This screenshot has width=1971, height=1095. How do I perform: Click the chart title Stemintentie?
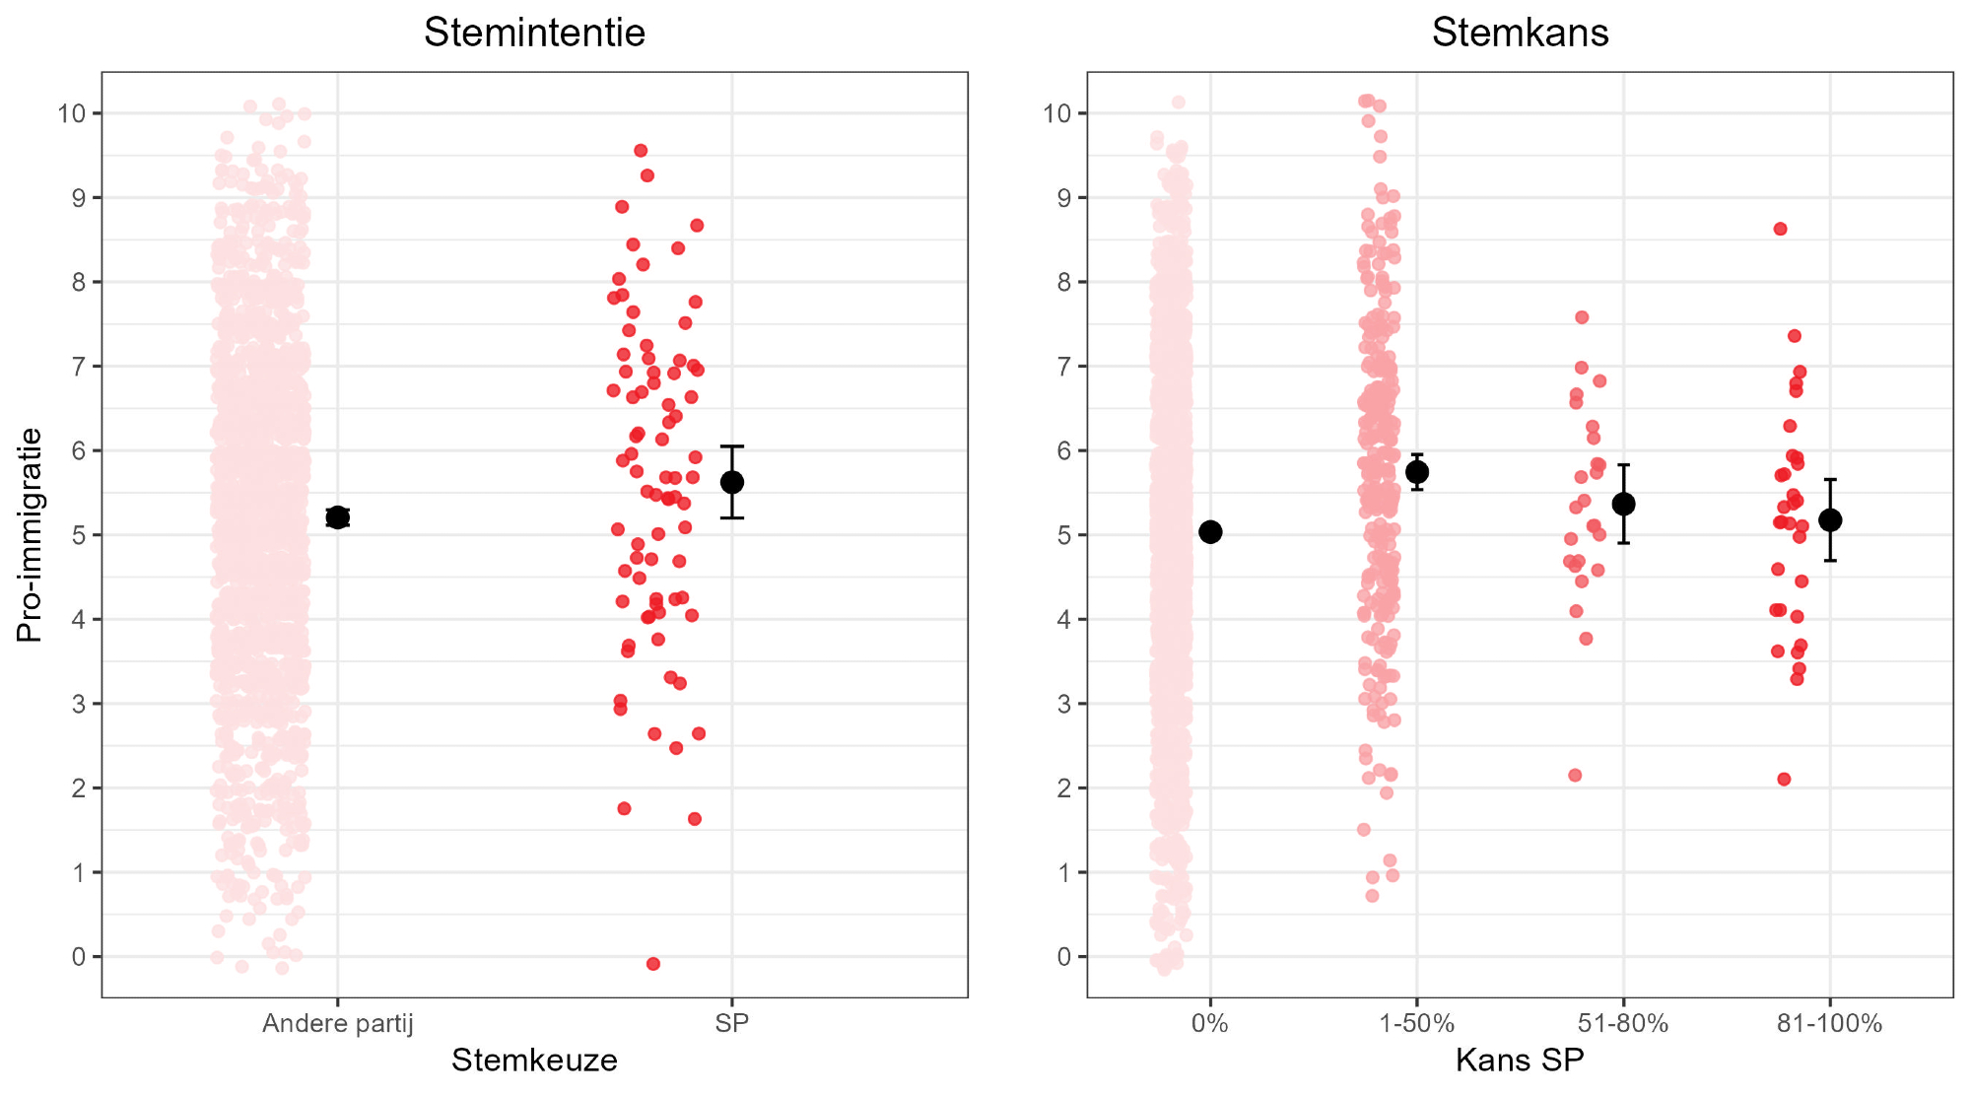(x=534, y=33)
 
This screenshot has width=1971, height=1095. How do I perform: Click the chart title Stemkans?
(x=1520, y=33)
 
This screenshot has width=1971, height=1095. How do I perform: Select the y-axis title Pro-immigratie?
(x=30, y=534)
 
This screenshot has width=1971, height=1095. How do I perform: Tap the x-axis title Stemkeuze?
(x=534, y=1061)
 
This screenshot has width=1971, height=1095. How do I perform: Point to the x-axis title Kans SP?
(x=1520, y=1061)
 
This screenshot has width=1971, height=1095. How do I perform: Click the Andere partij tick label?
(x=337, y=1024)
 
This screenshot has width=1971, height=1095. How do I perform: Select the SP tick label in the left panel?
(x=731, y=1024)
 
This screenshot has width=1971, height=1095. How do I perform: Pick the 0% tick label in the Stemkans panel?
(x=1209, y=1024)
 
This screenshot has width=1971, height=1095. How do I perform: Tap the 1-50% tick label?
(x=1416, y=1024)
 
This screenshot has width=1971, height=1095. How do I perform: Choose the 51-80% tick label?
(x=1623, y=1024)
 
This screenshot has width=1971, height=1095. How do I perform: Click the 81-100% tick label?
(x=1829, y=1024)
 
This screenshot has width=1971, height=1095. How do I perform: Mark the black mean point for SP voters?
(x=731, y=482)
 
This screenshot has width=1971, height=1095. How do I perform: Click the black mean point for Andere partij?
(x=337, y=517)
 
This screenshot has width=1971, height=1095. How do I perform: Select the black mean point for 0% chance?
(x=1210, y=532)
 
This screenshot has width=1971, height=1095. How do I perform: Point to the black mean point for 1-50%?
(x=1417, y=472)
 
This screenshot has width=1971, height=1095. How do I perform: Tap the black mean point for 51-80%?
(x=1623, y=504)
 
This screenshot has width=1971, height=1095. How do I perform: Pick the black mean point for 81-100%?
(x=1830, y=520)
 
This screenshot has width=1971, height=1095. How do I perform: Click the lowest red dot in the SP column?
(x=652, y=964)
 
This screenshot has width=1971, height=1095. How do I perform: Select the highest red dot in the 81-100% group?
(x=1780, y=229)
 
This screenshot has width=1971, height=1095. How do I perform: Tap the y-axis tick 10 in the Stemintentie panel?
(x=71, y=113)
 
